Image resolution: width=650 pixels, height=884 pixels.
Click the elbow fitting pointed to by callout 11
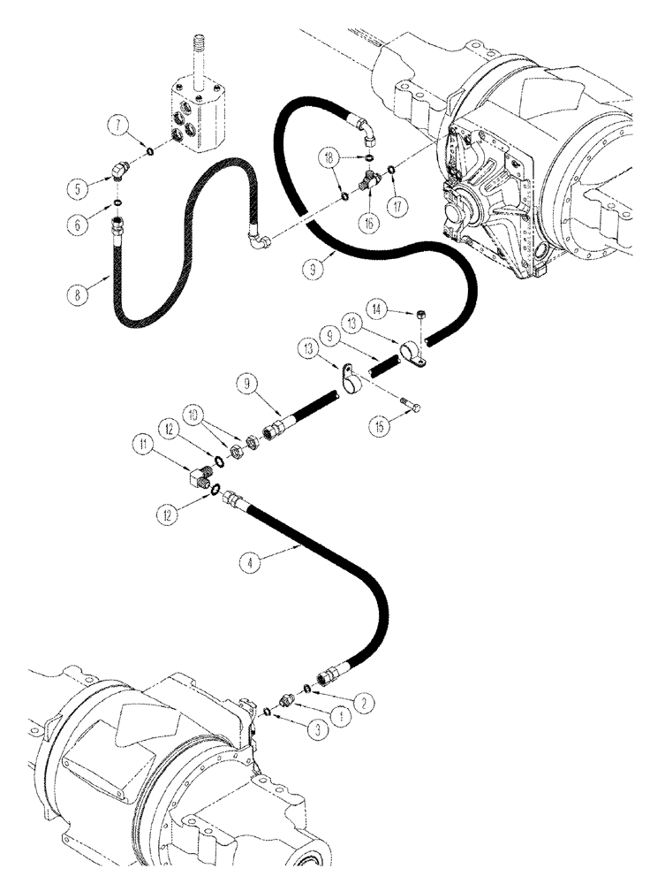pyautogui.click(x=198, y=477)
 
